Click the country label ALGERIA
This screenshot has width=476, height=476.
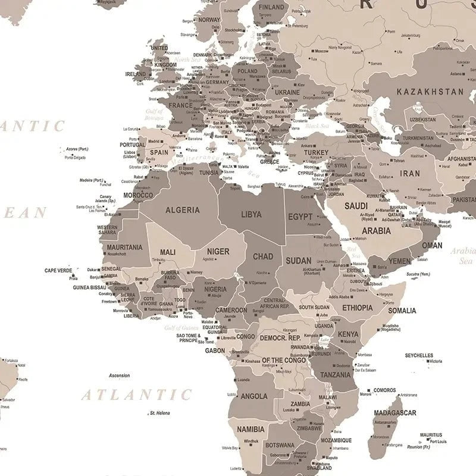pos(183,210)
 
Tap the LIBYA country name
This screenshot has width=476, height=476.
pos(250,214)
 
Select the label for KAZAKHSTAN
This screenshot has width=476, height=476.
pos(430,92)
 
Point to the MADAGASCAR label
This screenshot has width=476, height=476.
pos(395,412)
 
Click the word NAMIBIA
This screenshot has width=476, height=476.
pos(250,429)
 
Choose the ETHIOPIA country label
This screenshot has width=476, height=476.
pos(358,308)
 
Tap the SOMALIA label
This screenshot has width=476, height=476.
pos(402,311)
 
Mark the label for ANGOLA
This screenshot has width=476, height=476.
pos(254,396)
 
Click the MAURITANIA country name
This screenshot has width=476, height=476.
pos(124,247)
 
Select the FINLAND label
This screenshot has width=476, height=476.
pos(271,8)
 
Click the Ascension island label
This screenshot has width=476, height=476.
pos(119,375)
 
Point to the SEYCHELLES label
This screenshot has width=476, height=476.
pos(419,355)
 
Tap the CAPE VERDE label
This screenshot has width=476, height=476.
pos(58,271)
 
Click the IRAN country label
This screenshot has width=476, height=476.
pos(409,174)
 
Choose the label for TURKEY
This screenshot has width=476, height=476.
pos(316,153)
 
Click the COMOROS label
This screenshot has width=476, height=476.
pos(385,390)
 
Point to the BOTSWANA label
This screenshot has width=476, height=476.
pos(280,445)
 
